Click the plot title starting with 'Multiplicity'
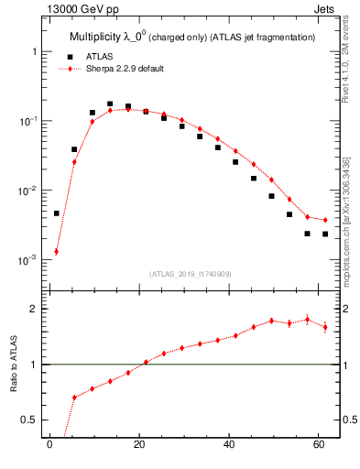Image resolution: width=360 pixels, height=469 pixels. click(x=192, y=38)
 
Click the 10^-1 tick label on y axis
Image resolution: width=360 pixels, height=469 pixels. click(x=28, y=121)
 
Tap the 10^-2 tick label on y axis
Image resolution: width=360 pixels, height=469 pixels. click(x=28, y=191)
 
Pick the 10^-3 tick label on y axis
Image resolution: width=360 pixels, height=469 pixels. click(x=28, y=260)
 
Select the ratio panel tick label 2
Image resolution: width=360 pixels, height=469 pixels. click(x=35, y=309)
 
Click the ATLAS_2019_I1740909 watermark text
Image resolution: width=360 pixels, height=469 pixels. click(x=191, y=274)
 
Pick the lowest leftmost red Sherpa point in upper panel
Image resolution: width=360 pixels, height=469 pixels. click(x=56, y=251)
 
